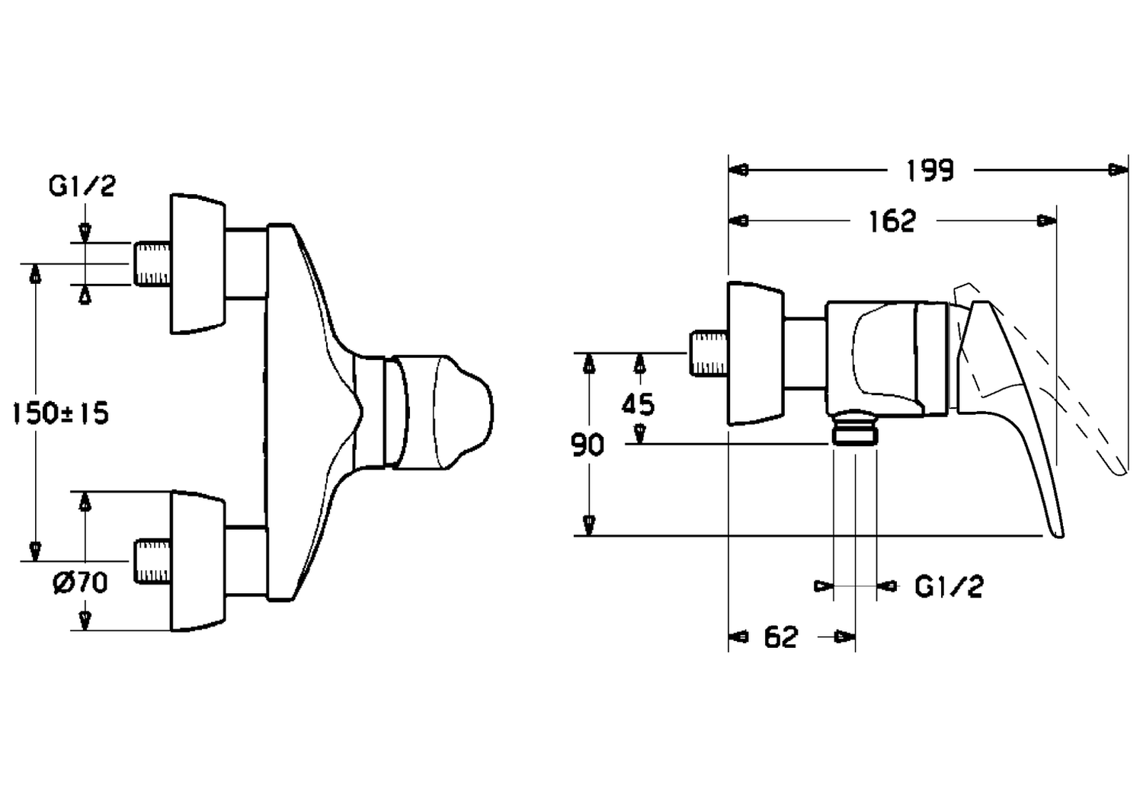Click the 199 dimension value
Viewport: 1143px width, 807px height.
[930, 171]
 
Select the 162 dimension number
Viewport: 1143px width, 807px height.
[892, 222]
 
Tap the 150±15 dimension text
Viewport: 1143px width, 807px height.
[61, 413]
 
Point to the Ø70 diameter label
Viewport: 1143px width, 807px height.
[81, 582]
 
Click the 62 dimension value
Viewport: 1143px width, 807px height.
[781, 637]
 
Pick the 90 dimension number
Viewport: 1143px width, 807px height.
[588, 445]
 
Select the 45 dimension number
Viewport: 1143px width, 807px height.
[638, 405]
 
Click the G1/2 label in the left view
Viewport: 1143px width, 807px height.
[82, 186]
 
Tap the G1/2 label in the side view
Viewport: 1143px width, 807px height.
[949, 587]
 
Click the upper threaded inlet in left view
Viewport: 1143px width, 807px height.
[152, 264]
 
